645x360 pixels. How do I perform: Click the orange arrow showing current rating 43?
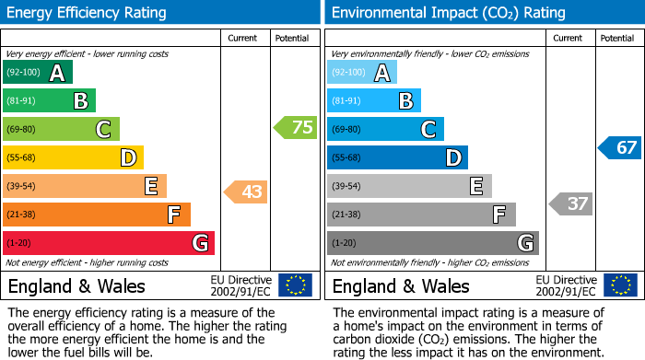click(246, 192)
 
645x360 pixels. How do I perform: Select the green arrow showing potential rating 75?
click(295, 128)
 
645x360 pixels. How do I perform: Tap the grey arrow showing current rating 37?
click(570, 203)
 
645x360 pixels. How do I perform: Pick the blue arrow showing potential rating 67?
click(619, 147)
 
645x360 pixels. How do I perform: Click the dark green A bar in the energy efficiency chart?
click(37, 73)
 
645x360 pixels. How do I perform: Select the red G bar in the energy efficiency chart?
click(109, 243)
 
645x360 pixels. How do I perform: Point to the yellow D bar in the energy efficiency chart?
click(73, 157)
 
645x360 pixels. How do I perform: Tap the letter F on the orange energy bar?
click(173, 215)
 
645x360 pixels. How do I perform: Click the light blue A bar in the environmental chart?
click(362, 73)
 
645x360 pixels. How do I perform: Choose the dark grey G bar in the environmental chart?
click(432, 243)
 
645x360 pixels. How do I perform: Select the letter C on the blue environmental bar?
click(428, 130)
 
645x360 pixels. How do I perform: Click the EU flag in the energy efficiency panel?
click(295, 285)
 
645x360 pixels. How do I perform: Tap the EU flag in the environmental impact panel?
click(619, 285)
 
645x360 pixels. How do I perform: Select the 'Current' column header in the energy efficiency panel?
click(242, 38)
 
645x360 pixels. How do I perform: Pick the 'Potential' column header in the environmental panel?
click(616, 38)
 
